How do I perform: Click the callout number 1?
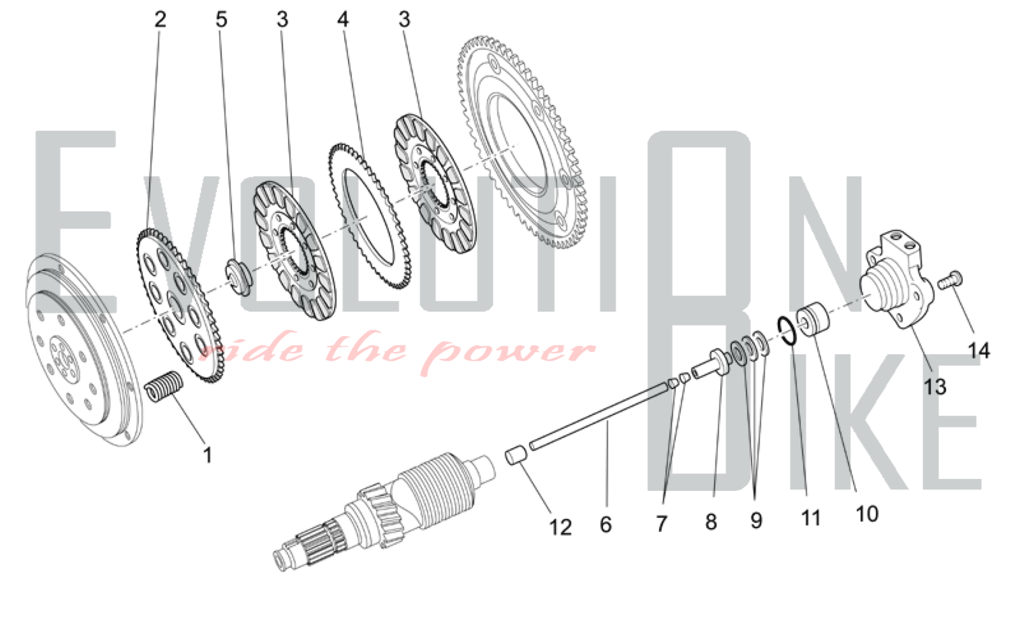click(207, 455)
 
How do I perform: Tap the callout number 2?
click(160, 19)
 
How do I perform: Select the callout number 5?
click(222, 19)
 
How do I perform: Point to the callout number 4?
click(343, 19)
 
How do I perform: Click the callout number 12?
click(560, 527)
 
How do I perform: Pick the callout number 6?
click(606, 524)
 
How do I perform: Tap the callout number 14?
click(979, 351)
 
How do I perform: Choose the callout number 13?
click(935, 387)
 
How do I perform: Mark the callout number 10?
click(867, 514)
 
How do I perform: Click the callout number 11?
click(811, 518)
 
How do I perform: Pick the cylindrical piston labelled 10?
click(813, 319)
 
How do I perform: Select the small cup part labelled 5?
click(238, 276)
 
